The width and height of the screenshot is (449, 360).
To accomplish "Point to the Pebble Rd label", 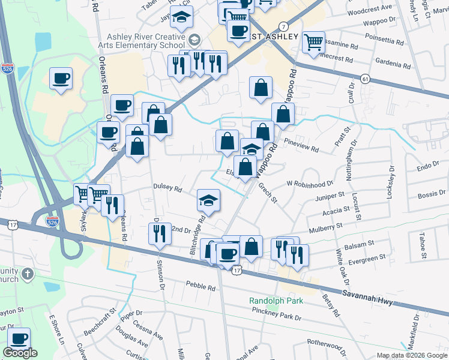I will (200, 286).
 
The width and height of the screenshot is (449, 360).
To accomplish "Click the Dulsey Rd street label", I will (167, 188).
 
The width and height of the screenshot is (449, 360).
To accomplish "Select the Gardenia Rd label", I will (391, 62).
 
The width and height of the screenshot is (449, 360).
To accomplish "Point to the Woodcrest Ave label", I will (369, 10).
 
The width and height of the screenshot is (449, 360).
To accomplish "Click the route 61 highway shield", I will (365, 79).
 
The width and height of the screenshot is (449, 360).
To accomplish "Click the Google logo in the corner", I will (20, 353).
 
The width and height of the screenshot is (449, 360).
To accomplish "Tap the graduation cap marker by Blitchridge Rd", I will (209, 200).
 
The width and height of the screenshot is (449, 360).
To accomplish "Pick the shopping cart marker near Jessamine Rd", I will (313, 42).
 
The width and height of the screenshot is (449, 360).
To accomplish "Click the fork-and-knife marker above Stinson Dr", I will (159, 234).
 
